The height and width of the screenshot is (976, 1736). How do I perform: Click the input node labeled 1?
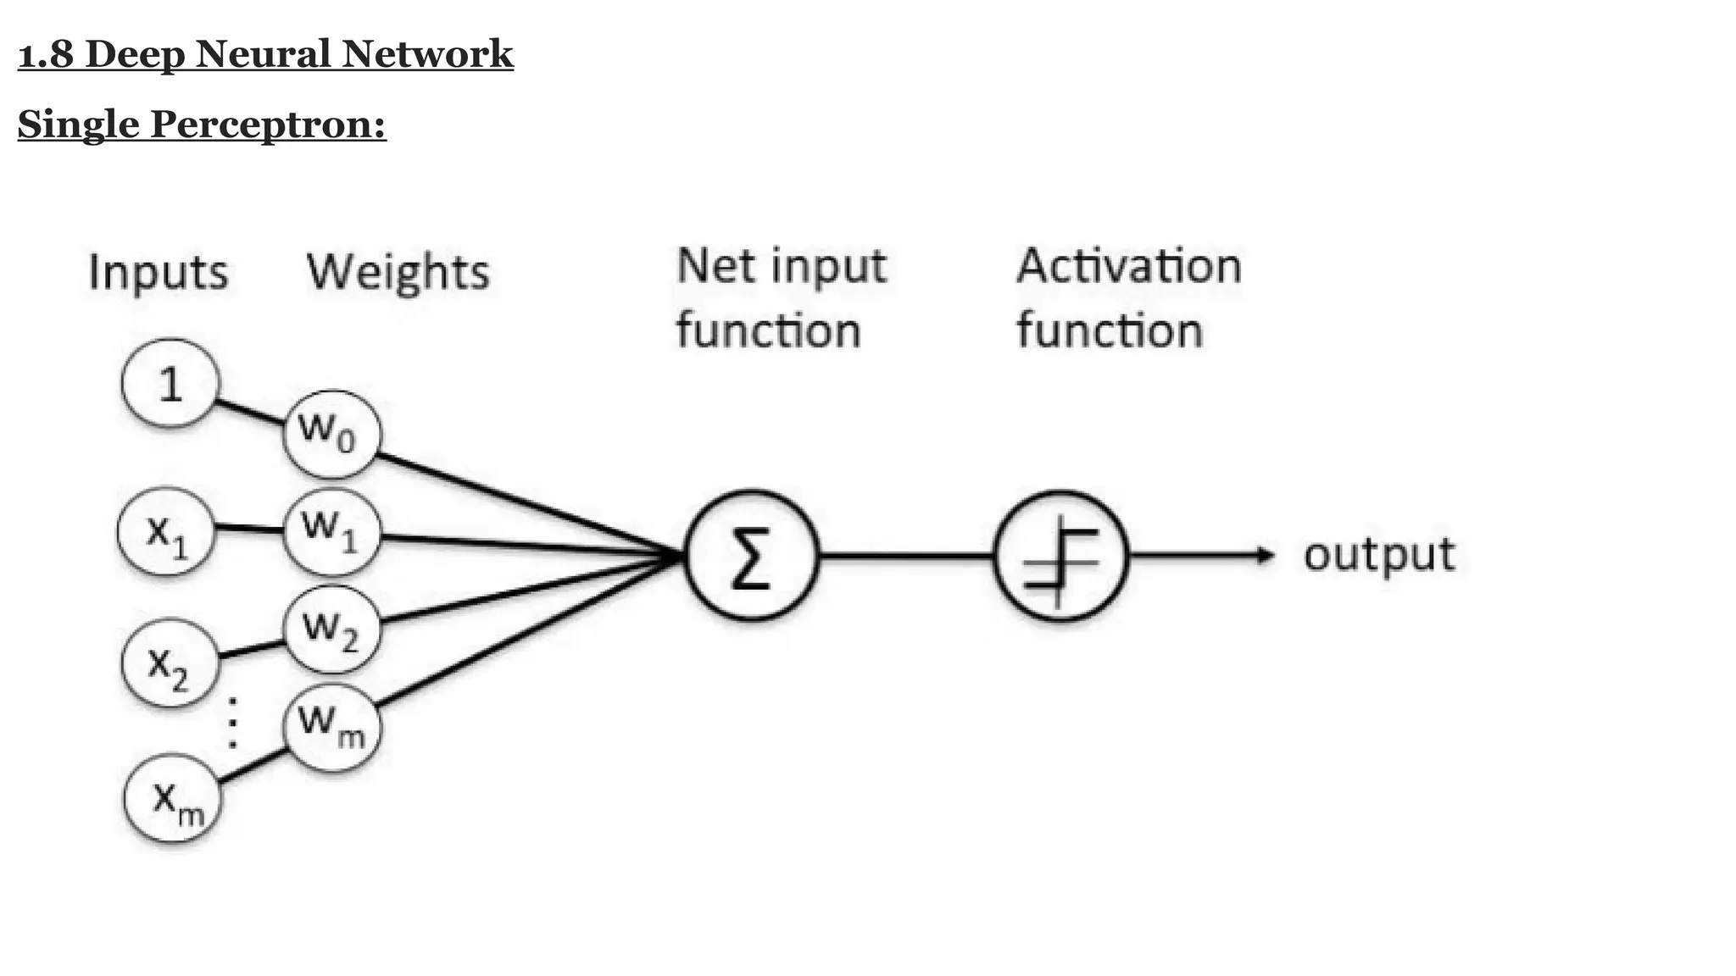click(x=170, y=384)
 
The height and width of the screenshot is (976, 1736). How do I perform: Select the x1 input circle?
click(x=166, y=532)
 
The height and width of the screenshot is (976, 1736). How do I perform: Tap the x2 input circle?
click(x=170, y=663)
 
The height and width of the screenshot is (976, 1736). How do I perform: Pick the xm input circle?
click(x=174, y=799)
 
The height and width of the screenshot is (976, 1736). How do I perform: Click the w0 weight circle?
click(x=331, y=434)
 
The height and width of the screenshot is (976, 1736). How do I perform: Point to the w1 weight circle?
click(x=331, y=532)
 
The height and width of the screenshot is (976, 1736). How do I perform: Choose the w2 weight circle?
click(x=331, y=629)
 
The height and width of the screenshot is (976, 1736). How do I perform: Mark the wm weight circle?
click(x=331, y=727)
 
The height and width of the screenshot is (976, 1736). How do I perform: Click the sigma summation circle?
click(x=751, y=556)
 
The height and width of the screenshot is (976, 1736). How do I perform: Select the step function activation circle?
click(x=1061, y=556)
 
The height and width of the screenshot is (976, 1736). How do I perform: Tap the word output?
click(x=1379, y=555)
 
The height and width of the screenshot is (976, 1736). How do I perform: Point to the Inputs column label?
click(x=159, y=273)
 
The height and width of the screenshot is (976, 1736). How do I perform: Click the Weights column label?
click(x=398, y=272)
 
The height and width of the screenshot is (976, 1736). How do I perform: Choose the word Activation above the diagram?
click(x=1128, y=265)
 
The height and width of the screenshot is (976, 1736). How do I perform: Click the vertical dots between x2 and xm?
click(x=232, y=722)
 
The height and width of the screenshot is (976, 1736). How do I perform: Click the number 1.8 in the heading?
click(x=47, y=54)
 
